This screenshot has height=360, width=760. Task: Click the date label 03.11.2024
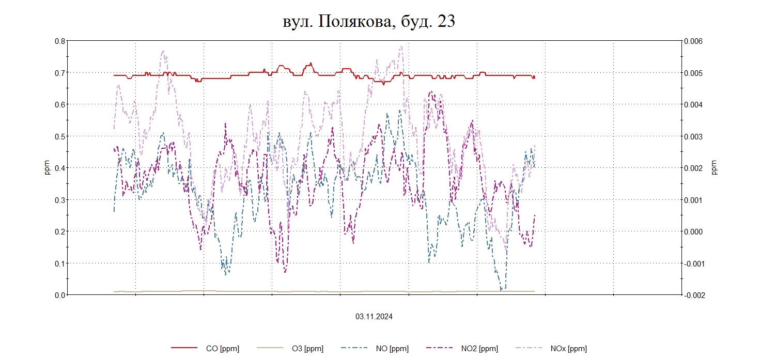[374, 317]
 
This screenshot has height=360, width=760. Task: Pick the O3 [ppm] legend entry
[307, 349]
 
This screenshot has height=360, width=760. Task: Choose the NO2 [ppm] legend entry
[479, 349]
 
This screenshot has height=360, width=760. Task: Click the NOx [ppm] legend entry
[568, 349]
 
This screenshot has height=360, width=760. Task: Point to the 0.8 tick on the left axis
[60, 41]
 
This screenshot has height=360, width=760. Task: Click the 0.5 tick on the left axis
[60, 136]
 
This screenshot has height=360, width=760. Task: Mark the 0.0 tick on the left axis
[60, 295]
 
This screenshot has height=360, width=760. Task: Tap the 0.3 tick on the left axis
[60, 200]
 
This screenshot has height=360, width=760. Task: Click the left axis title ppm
[47, 168]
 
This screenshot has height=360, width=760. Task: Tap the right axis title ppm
[715, 168]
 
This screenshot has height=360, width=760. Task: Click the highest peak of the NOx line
[401, 46]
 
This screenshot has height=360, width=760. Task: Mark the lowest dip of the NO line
[501, 290]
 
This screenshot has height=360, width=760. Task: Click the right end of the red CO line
[534, 77]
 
